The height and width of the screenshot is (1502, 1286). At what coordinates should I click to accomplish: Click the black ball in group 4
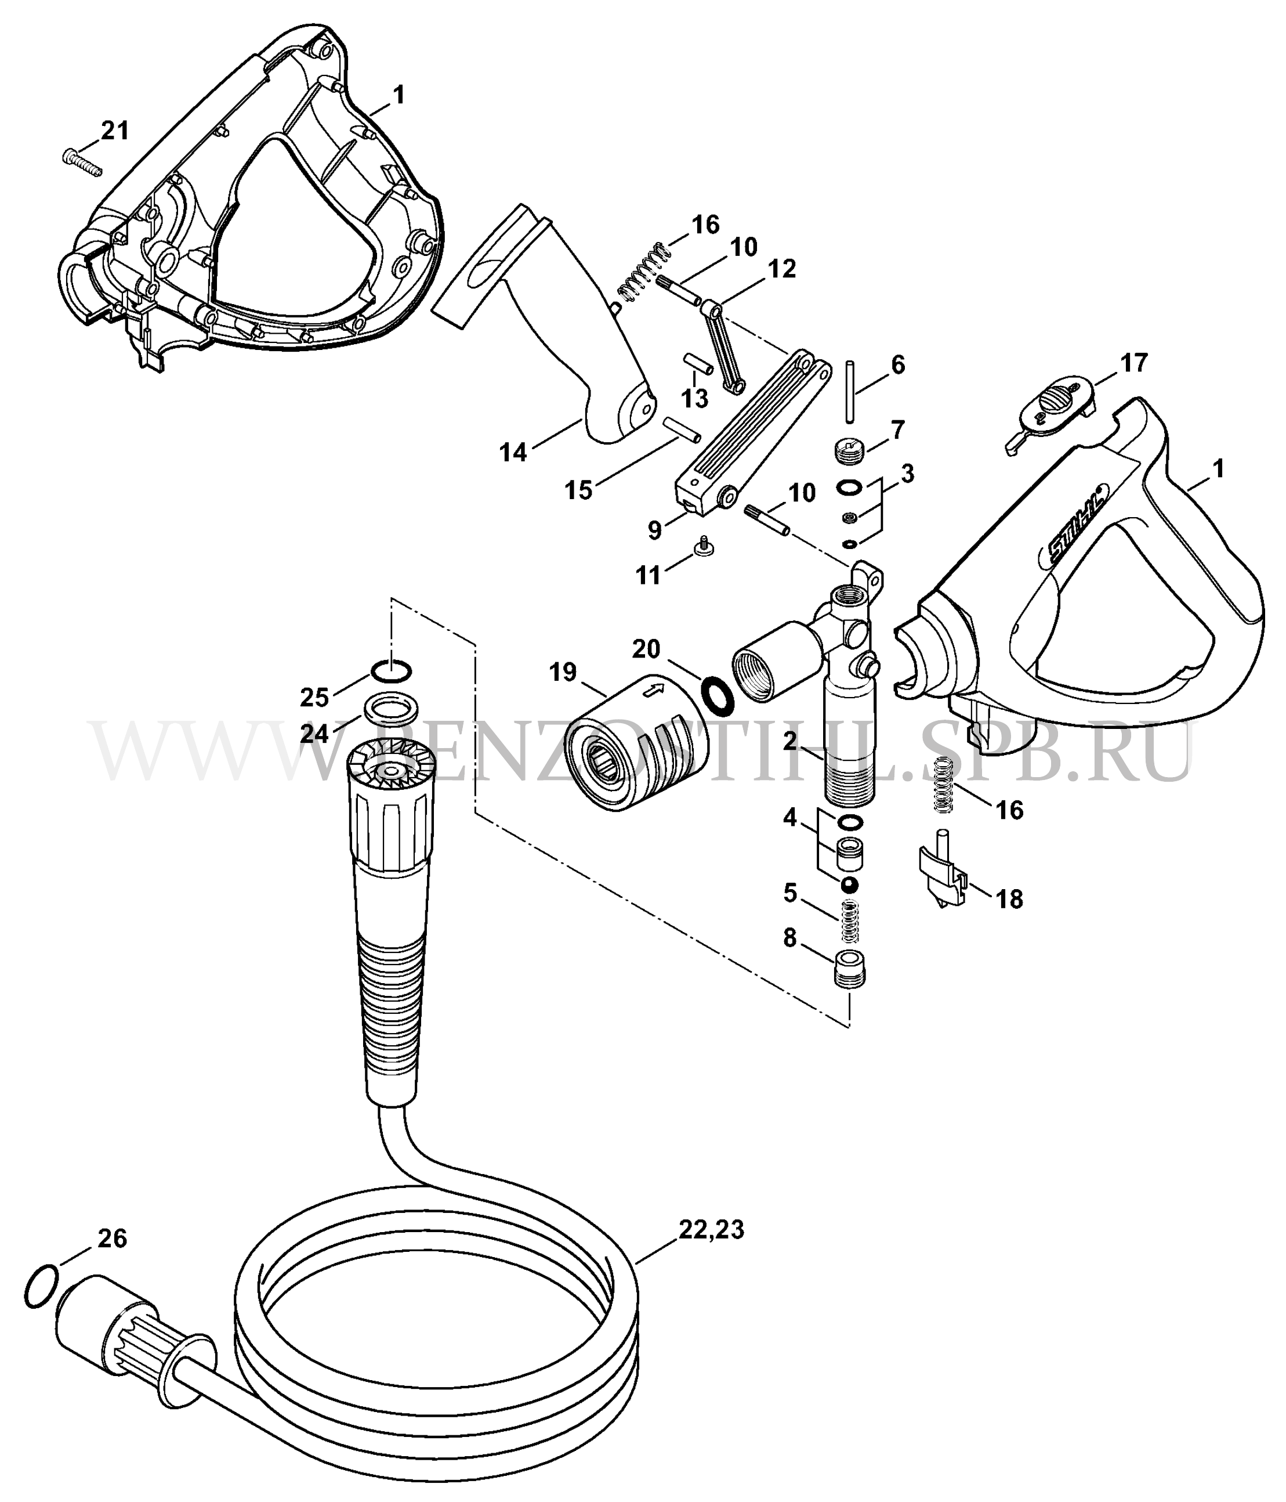point(849,885)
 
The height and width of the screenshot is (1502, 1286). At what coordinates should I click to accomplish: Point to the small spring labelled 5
point(850,922)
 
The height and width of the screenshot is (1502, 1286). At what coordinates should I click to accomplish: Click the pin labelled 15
point(683,428)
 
